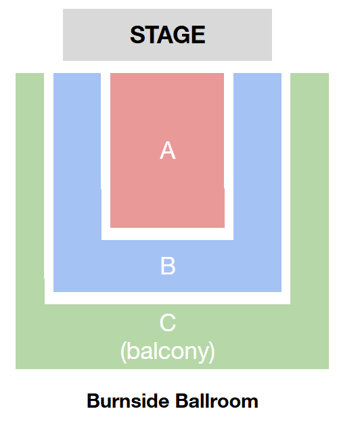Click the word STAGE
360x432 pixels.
pos(167,34)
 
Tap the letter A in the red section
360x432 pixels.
pos(168,151)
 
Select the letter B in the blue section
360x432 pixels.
pos(168,266)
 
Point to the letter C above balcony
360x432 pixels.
pos(168,322)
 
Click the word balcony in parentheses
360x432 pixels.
pos(168,351)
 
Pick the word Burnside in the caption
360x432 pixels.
pos(128,401)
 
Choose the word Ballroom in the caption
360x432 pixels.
pos(217,401)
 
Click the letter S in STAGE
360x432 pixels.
pos(137,34)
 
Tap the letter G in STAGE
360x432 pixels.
pos(181,34)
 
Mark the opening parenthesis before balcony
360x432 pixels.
pos(124,352)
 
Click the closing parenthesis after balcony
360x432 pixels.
pos(212,352)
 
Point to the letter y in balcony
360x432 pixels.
pos(202,354)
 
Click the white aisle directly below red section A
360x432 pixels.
pos(167,234)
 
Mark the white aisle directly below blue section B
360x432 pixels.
pos(167,298)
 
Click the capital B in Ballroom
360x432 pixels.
pos(182,401)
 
